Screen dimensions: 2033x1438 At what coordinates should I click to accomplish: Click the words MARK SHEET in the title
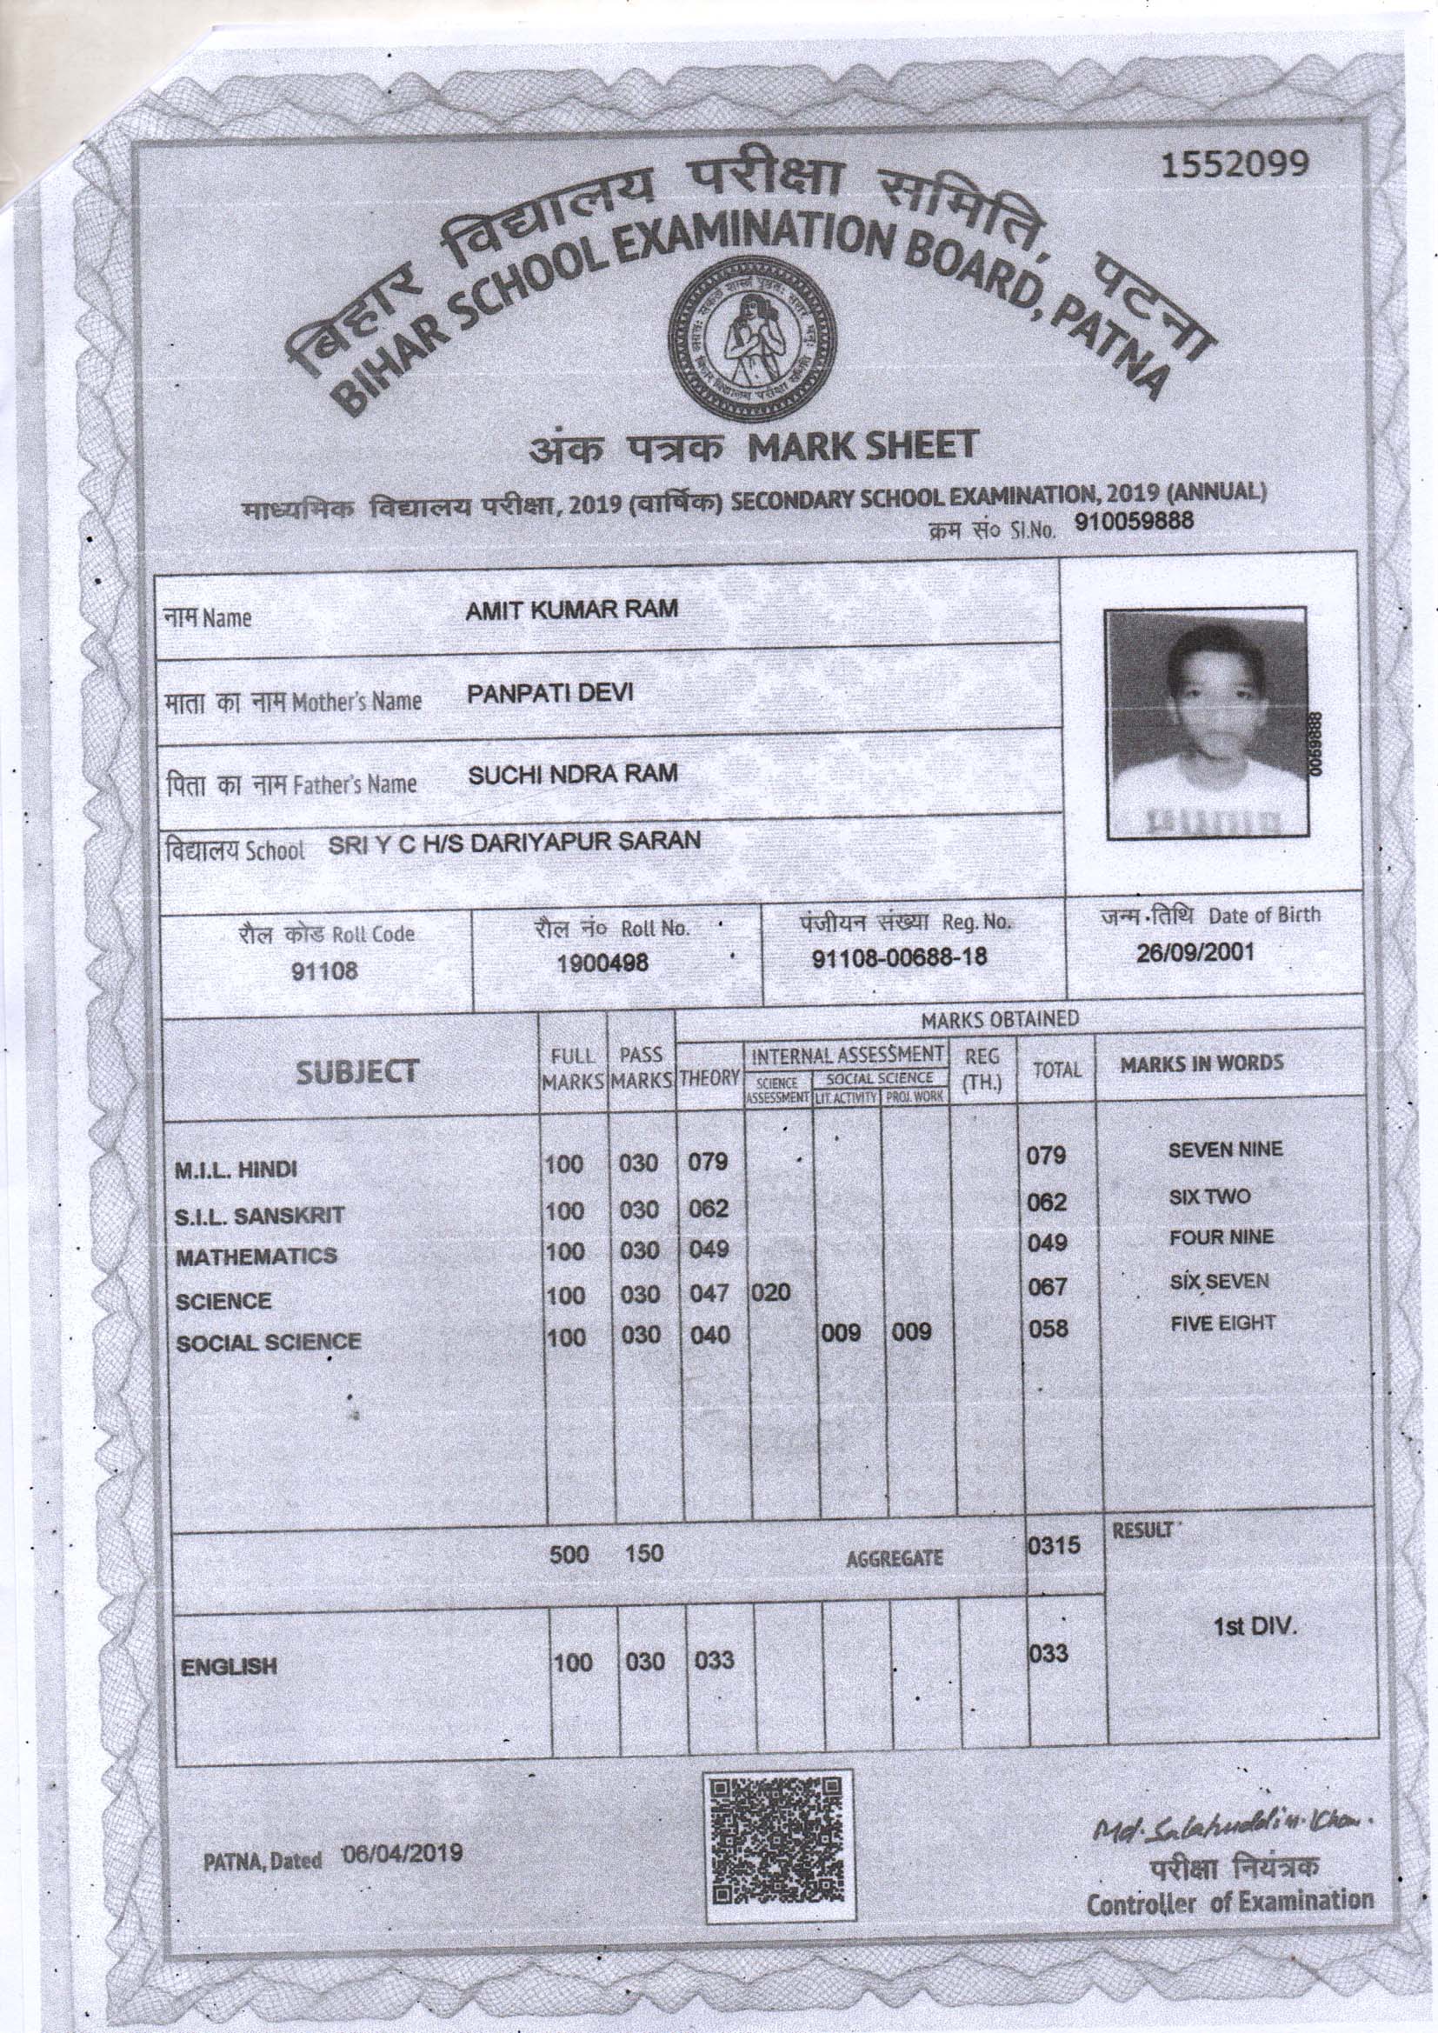click(861, 445)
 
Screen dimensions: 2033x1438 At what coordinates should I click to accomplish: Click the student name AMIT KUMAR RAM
click(572, 612)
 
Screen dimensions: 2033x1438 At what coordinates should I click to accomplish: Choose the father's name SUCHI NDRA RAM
click(572, 774)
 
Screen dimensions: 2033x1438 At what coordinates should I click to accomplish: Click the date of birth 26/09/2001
click(1195, 954)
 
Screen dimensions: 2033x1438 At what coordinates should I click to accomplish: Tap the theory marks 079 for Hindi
click(709, 1162)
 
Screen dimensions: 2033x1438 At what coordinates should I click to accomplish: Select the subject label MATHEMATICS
click(256, 1256)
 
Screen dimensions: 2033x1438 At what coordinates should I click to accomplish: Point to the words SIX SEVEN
click(1219, 1281)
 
